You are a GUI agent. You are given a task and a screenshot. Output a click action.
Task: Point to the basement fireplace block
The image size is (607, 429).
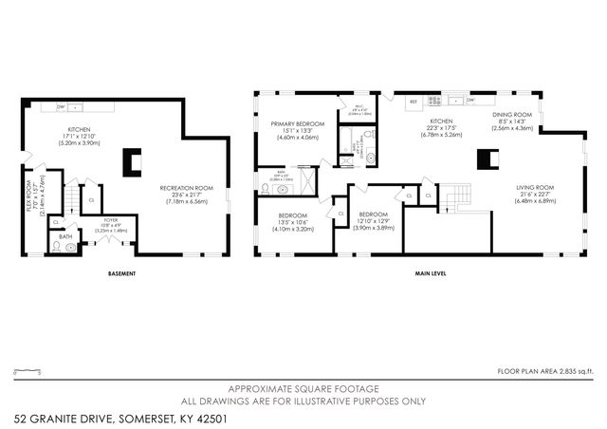coord(130,163)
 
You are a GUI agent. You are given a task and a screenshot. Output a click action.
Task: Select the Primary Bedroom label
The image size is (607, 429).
coord(298,131)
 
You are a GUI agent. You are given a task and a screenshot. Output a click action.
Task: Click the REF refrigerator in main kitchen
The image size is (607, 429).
coord(413,101)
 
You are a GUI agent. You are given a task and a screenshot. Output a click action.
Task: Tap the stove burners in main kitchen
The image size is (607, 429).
coord(435,100)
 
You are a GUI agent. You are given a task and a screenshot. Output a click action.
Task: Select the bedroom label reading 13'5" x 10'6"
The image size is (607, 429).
coord(285,221)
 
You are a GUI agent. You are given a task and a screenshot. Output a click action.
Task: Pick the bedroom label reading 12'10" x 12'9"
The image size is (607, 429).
coord(373,221)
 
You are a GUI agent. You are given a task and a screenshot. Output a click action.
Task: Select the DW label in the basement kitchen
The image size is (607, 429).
coord(60,106)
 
